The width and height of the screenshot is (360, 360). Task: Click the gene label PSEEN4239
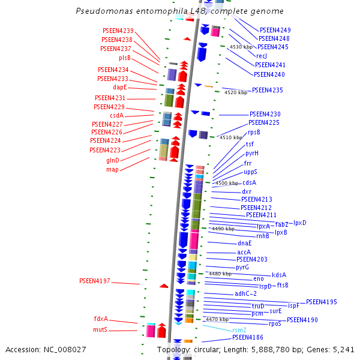click(x=118, y=31)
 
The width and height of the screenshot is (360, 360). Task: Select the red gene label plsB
click(x=125, y=58)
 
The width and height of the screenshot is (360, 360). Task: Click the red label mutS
click(x=100, y=330)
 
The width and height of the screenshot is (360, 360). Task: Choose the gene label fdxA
click(x=101, y=319)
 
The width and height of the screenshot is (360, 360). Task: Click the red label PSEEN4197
click(x=95, y=281)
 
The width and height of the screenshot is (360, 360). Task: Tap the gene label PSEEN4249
click(x=275, y=30)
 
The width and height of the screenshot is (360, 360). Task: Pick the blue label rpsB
click(x=254, y=132)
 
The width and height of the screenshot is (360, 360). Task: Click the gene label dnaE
click(x=245, y=243)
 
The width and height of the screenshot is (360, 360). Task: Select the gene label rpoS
click(x=275, y=324)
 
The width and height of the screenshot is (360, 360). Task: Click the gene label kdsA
click(x=279, y=275)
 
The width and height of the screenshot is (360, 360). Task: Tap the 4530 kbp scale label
click(x=241, y=47)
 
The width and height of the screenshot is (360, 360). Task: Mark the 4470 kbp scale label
click(x=217, y=320)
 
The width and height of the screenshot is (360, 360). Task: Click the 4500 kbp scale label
click(x=227, y=183)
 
